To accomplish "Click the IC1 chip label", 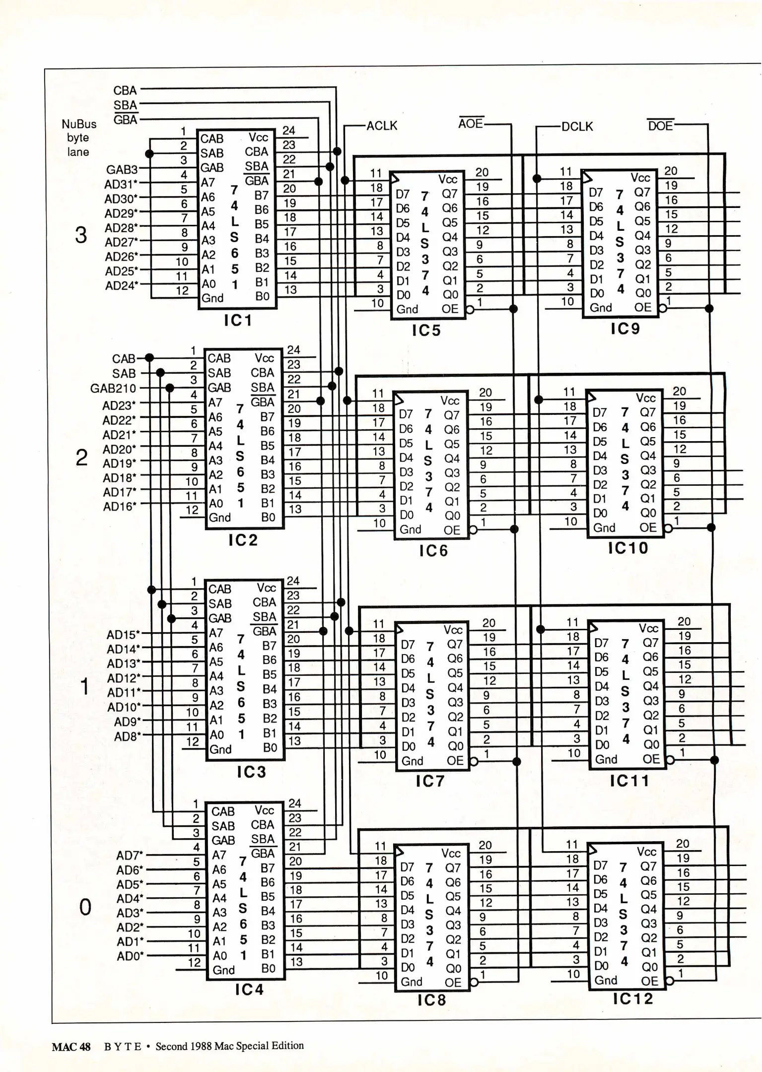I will (238, 321).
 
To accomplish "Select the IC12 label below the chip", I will (632, 999).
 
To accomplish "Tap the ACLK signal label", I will (382, 126).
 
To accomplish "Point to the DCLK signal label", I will (577, 127).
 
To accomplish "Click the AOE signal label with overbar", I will (471, 124).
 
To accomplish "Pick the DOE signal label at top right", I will (660, 126).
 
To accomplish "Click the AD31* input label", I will (121, 184).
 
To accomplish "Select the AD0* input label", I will (130, 956).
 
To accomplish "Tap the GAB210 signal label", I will (113, 388).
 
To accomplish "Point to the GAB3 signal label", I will (122, 170).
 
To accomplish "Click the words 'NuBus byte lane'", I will (78, 137).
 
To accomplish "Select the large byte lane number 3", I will (81, 235).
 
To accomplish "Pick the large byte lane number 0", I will (85, 907).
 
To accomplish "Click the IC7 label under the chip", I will (429, 781).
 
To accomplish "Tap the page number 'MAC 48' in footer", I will (71, 1047).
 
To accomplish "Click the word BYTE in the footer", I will (123, 1047).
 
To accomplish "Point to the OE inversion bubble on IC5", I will (469, 310).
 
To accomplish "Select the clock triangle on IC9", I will (587, 177).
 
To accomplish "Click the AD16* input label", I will (119, 507).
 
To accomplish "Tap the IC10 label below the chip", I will (628, 548).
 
